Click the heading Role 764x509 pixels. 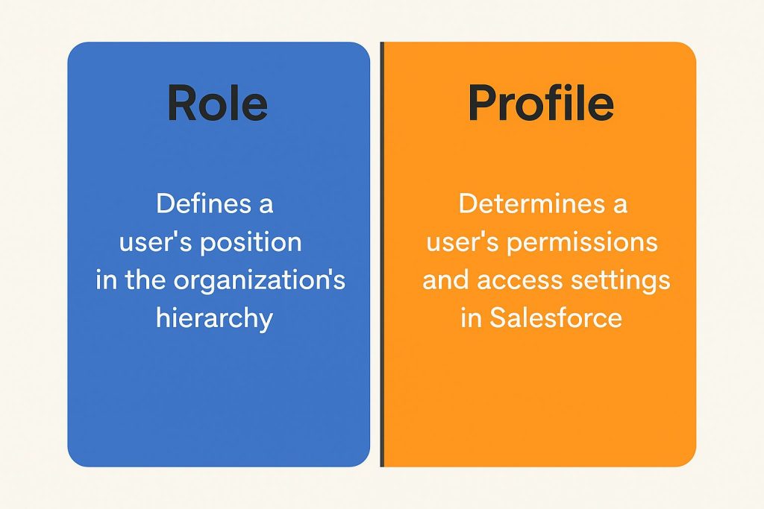(x=217, y=103)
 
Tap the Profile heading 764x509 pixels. (x=540, y=103)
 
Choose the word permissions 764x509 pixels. (x=582, y=243)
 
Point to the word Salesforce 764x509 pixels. (x=555, y=318)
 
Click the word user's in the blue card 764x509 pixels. (x=155, y=242)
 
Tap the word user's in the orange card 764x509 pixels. (x=463, y=242)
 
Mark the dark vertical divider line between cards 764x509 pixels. (x=382, y=255)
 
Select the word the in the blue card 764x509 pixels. (x=145, y=280)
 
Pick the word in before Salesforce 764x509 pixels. (x=472, y=318)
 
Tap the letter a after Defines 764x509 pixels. (x=266, y=206)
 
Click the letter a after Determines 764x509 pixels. (x=620, y=206)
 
